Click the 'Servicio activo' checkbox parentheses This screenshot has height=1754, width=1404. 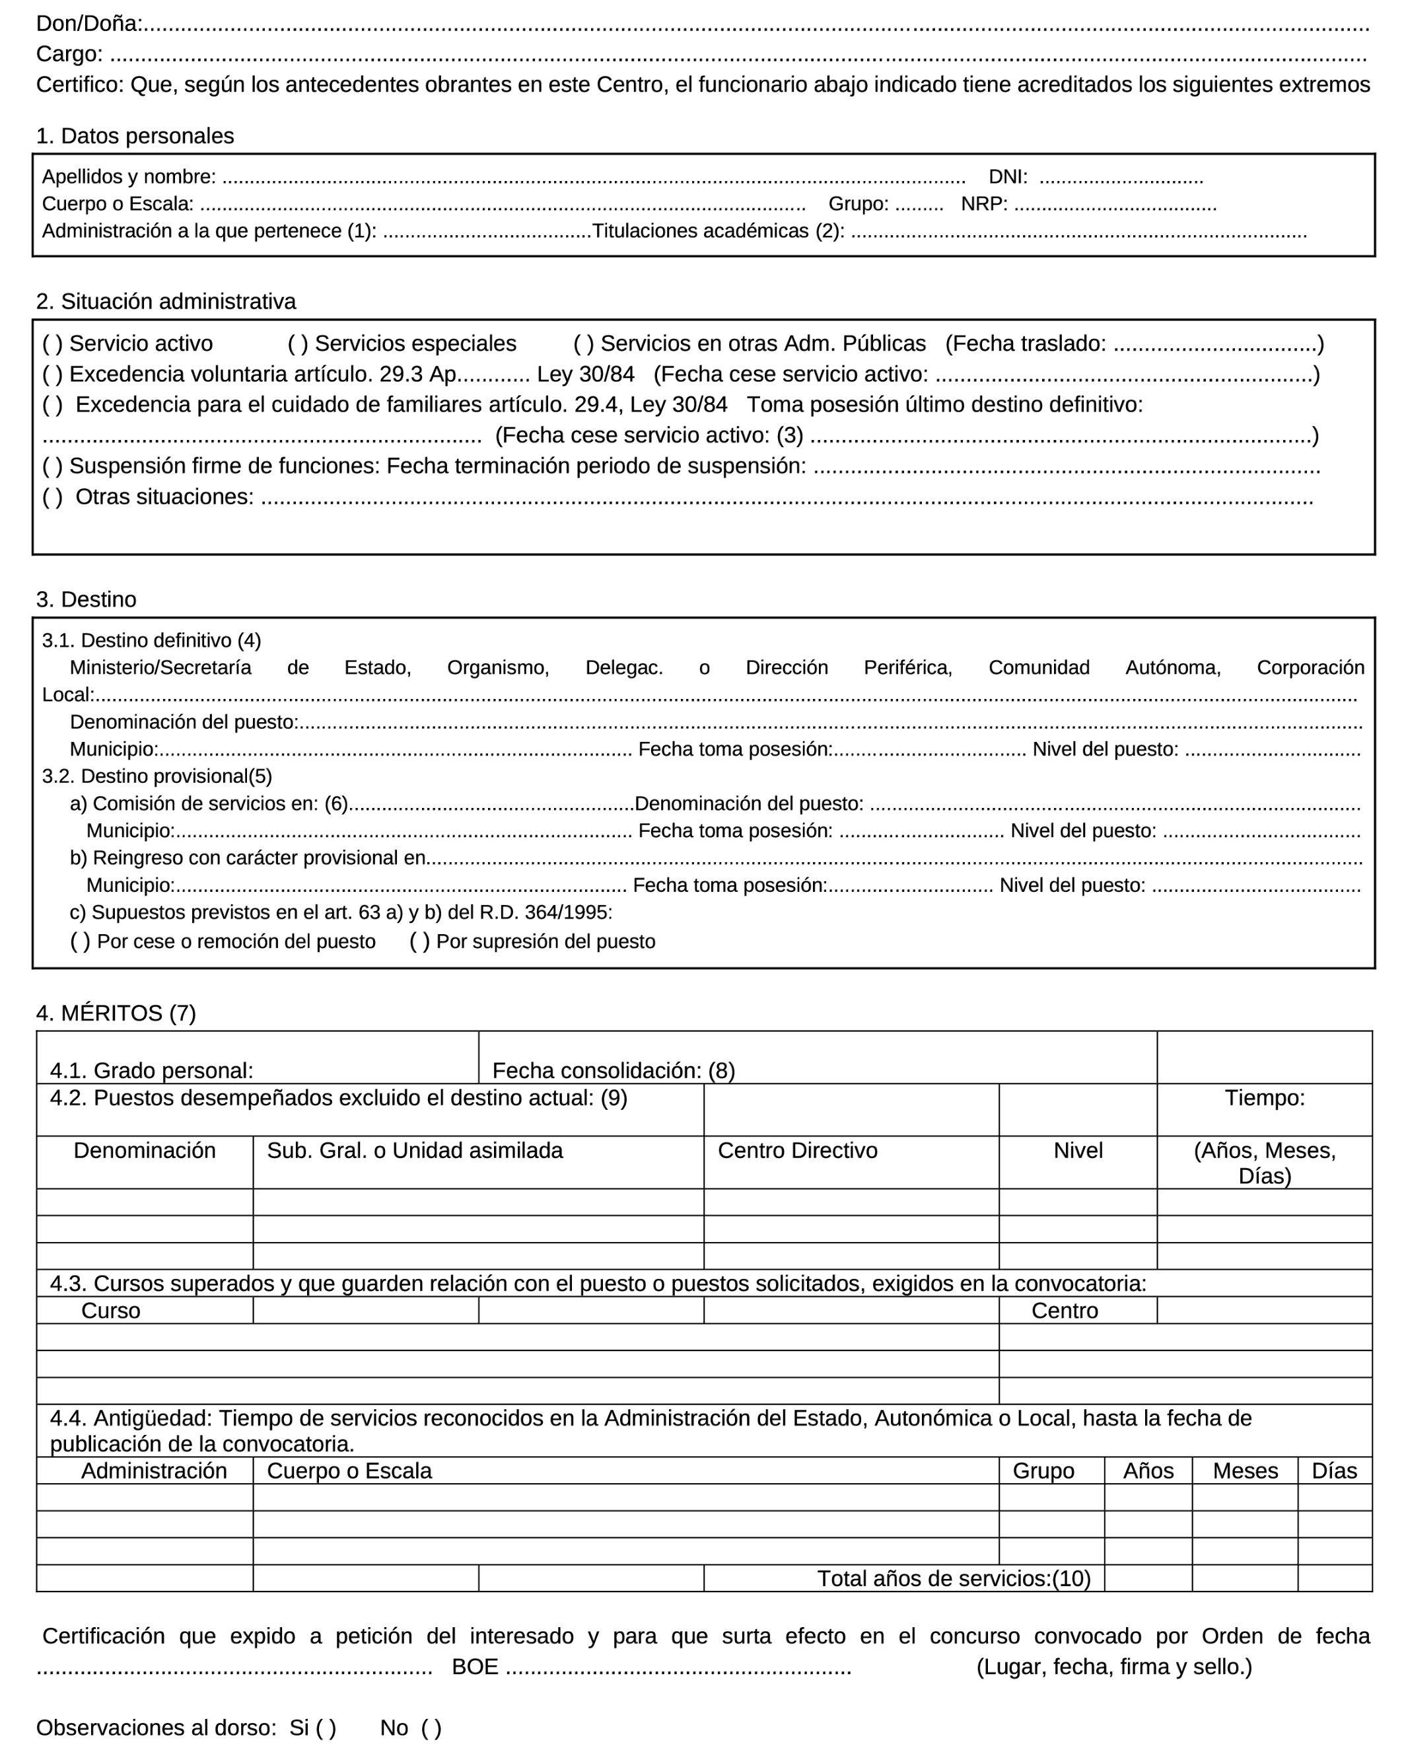pyautogui.click(x=52, y=344)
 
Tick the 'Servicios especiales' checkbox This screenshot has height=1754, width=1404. pyautogui.click(x=298, y=344)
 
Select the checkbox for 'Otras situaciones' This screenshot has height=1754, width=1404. pyautogui.click(x=52, y=497)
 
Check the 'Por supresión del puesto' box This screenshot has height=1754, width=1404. pyautogui.click(x=420, y=941)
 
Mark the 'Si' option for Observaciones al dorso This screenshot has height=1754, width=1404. pyautogui.click(x=326, y=1728)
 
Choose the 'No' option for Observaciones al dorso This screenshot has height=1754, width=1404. pyautogui.click(x=431, y=1728)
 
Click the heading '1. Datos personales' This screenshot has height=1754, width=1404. pyautogui.click(x=135, y=136)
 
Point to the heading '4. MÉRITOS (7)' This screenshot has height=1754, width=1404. pyautogui.click(x=116, y=1013)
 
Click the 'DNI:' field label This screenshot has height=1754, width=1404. pyautogui.click(x=1008, y=176)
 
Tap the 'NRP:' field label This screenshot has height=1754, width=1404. pyautogui.click(x=984, y=204)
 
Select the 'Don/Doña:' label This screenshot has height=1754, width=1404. pyautogui.click(x=88, y=24)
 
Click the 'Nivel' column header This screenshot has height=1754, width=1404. pyautogui.click(x=1078, y=1150)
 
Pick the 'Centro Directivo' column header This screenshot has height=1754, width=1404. pyautogui.click(x=797, y=1150)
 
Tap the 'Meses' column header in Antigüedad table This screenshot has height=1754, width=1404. pyautogui.click(x=1245, y=1471)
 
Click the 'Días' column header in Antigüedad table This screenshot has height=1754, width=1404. pyautogui.click(x=1334, y=1471)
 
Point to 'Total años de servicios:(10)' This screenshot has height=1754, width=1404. pyautogui.click(x=954, y=1578)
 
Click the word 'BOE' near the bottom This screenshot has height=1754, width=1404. pyautogui.click(x=475, y=1667)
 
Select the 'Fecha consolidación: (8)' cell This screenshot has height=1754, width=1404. pyautogui.click(x=614, y=1071)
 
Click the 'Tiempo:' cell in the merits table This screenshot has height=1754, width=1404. pyautogui.click(x=1265, y=1098)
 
